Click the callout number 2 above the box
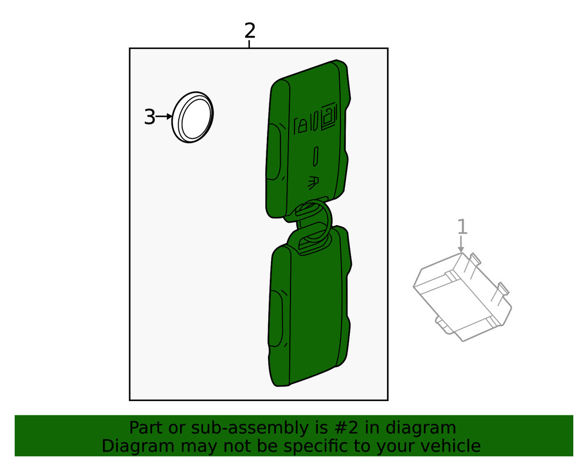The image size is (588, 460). (250, 30)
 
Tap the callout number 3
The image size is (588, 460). (150, 117)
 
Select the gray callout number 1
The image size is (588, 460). (462, 227)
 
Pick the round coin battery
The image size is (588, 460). (193, 118)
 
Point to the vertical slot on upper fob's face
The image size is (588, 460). (315, 156)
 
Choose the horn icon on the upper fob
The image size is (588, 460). (313, 182)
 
